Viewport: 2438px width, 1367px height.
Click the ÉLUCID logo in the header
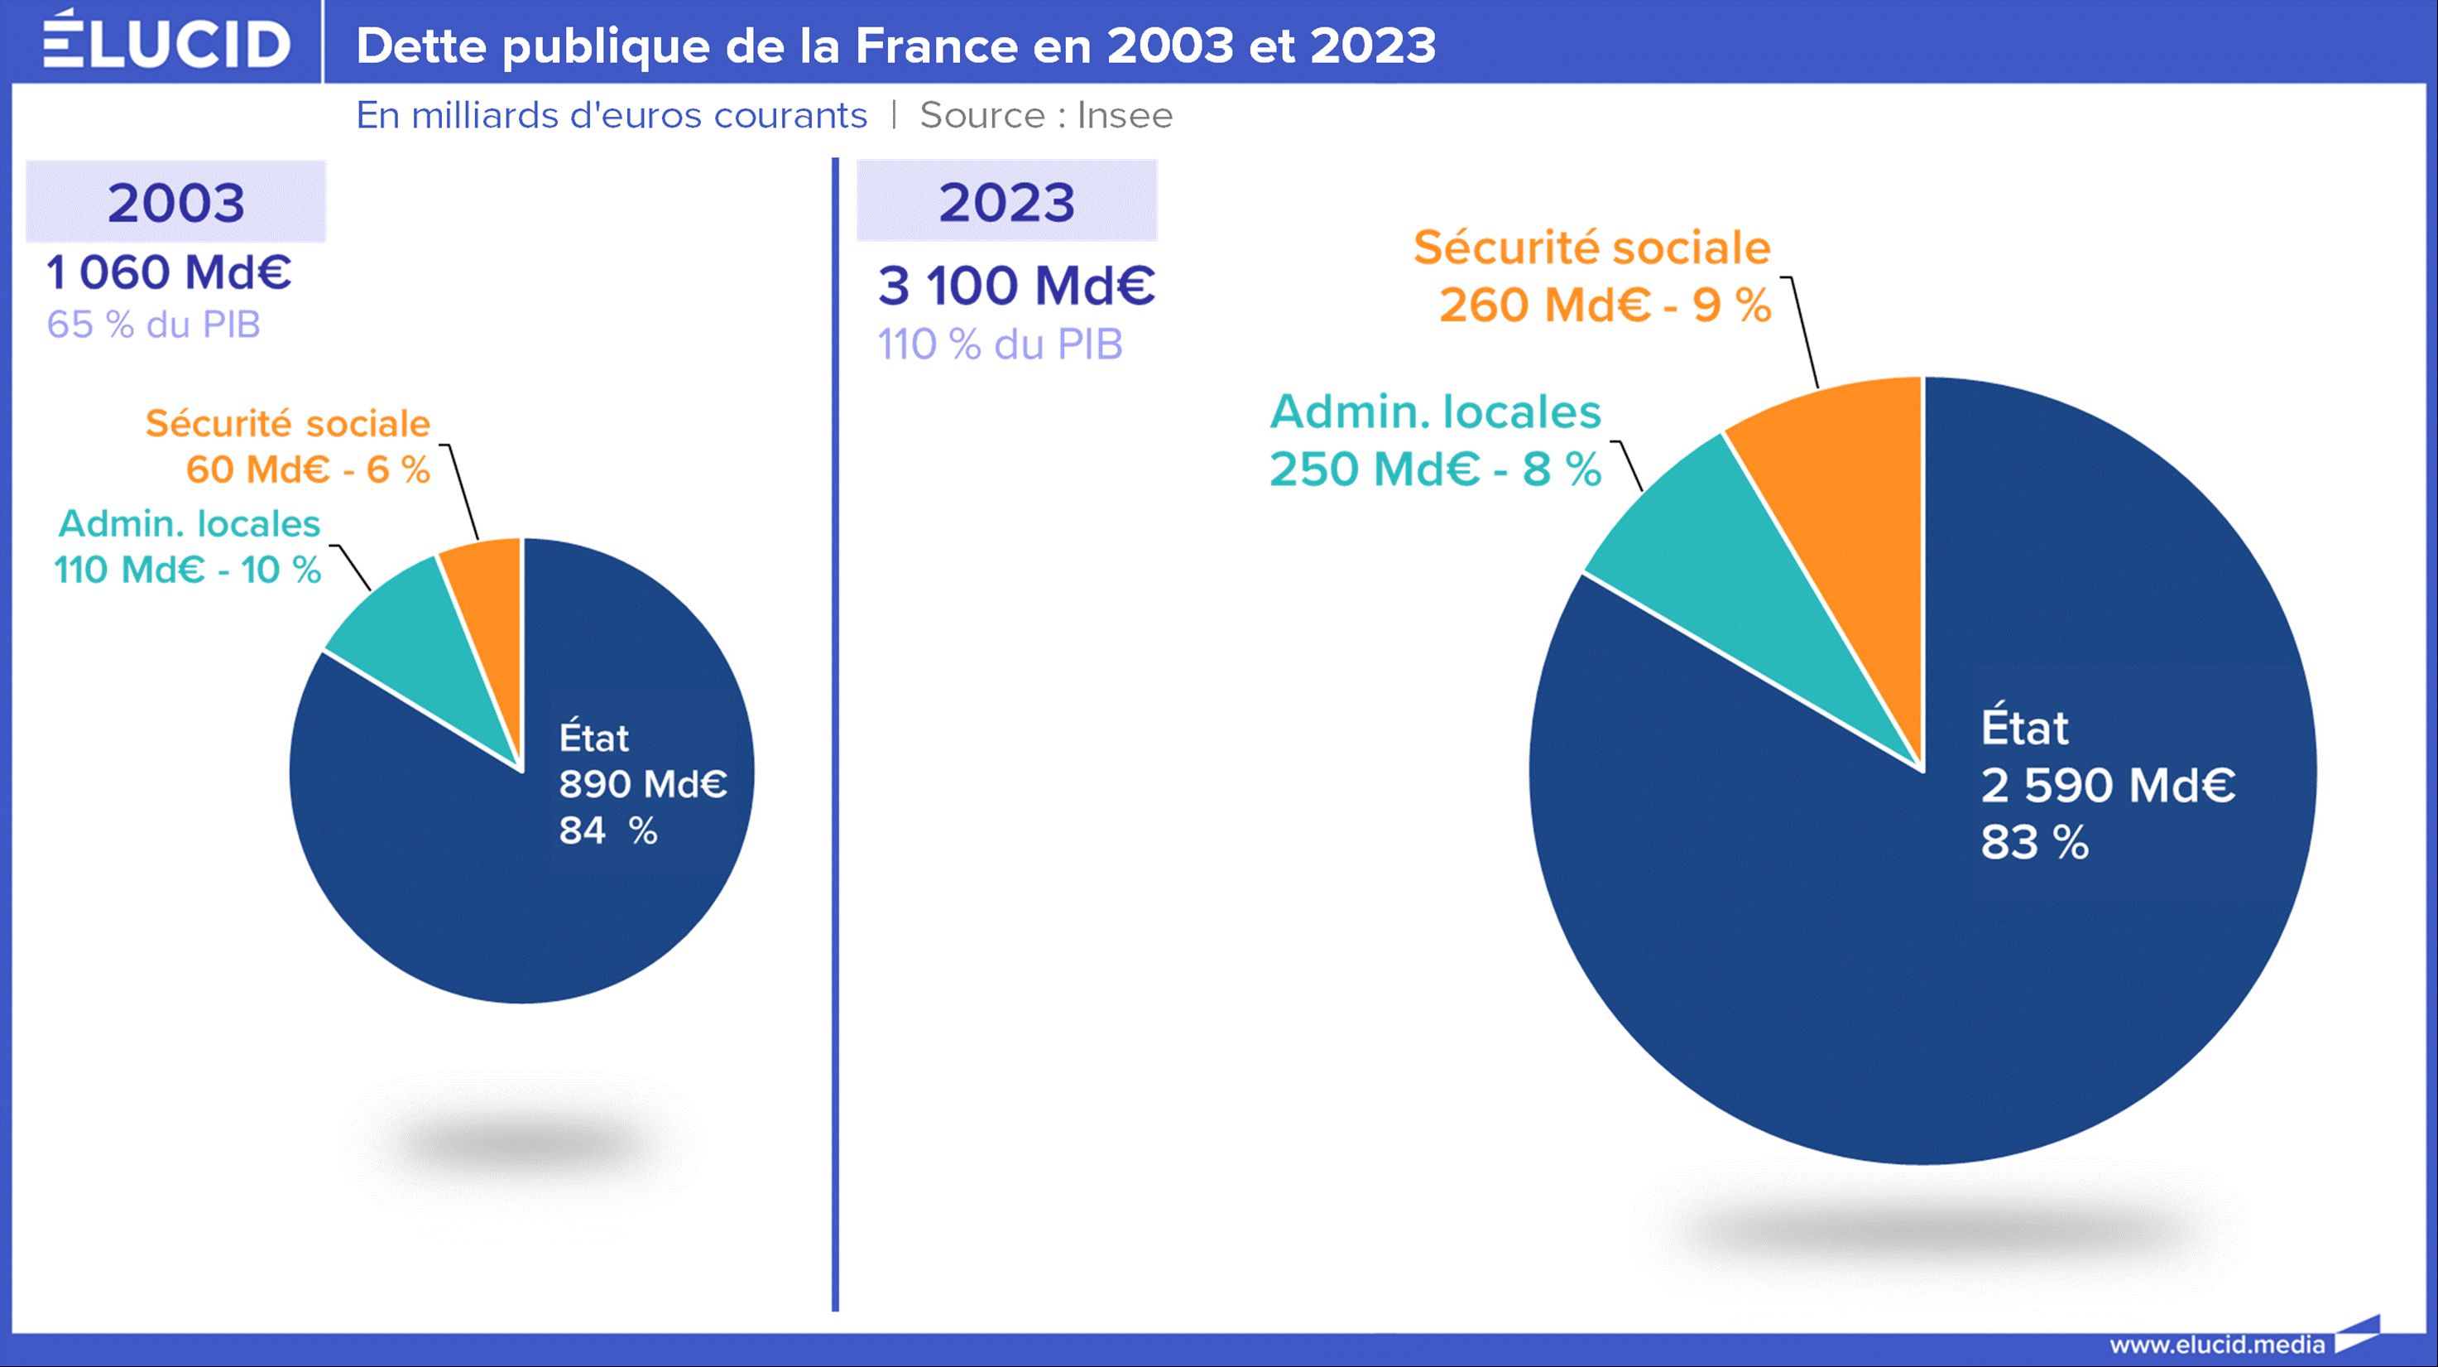tap(166, 42)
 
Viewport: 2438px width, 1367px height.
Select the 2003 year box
tap(176, 202)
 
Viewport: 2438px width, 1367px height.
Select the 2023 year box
tap(1007, 202)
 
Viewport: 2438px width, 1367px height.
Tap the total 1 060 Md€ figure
tap(169, 272)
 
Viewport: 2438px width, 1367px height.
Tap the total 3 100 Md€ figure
tap(1016, 285)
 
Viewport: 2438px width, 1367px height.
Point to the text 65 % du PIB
tap(153, 325)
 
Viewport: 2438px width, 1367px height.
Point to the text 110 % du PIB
tap(1000, 344)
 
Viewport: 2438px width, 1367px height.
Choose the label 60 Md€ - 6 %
tap(308, 469)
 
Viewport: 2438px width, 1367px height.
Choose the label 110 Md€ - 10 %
tap(187, 570)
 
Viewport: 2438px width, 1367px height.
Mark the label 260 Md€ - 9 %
tap(1605, 305)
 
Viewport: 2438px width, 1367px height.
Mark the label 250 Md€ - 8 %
tap(1435, 469)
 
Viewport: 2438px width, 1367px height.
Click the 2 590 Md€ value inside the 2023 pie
tap(2108, 785)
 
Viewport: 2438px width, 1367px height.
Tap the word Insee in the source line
tap(1125, 115)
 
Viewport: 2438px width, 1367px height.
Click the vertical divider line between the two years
tap(835, 739)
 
